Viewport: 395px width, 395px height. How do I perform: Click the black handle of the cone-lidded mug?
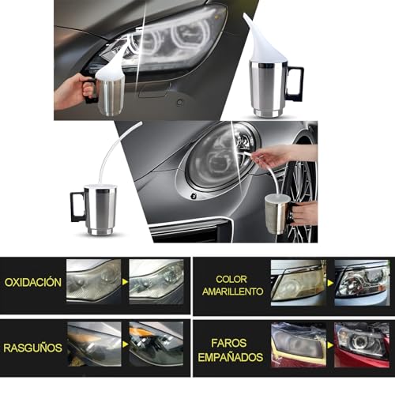click(x=294, y=82)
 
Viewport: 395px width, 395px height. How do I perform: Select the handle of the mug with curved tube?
click(x=78, y=205)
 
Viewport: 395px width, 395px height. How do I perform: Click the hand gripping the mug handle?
click(x=71, y=91)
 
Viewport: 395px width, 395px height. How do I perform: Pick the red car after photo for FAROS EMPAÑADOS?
click(x=361, y=344)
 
